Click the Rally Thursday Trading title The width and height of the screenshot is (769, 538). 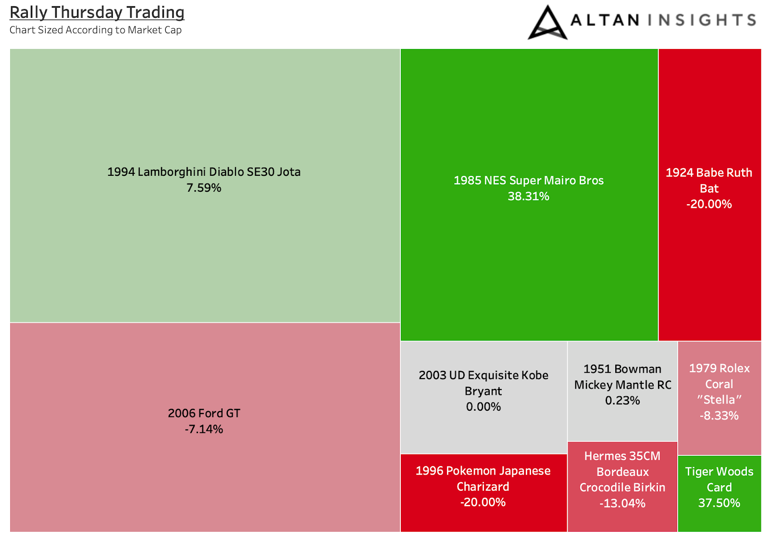pyautogui.click(x=97, y=13)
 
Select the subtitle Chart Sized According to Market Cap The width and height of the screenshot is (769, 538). pyautogui.click(x=96, y=30)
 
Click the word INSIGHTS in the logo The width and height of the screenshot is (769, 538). pyautogui.click(x=702, y=20)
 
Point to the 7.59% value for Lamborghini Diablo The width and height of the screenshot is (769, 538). pyautogui.click(x=204, y=188)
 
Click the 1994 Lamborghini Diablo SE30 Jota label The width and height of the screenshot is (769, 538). pyautogui.click(x=204, y=172)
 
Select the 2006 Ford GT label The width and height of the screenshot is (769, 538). pyautogui.click(x=204, y=413)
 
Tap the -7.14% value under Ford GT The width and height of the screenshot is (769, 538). pyautogui.click(x=204, y=429)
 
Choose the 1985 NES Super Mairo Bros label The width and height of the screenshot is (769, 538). pyautogui.click(x=529, y=181)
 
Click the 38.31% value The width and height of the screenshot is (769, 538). pyautogui.click(x=529, y=196)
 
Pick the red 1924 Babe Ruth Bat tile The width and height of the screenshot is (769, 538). pyautogui.click(x=709, y=195)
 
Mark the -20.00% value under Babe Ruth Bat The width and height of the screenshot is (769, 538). pyautogui.click(x=709, y=204)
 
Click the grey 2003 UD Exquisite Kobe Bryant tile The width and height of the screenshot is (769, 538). pyautogui.click(x=484, y=397)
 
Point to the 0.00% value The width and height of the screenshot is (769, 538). pyautogui.click(x=484, y=407)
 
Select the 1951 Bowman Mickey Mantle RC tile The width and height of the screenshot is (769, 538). pyautogui.click(x=622, y=391)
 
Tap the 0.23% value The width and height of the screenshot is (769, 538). pyautogui.click(x=622, y=401)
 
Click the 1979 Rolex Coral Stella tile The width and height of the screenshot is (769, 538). pyautogui.click(x=719, y=398)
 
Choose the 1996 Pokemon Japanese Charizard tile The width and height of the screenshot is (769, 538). pyautogui.click(x=484, y=493)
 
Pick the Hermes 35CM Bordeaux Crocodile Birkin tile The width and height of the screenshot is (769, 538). pyautogui.click(x=622, y=487)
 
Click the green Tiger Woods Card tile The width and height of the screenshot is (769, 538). pyautogui.click(x=719, y=494)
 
